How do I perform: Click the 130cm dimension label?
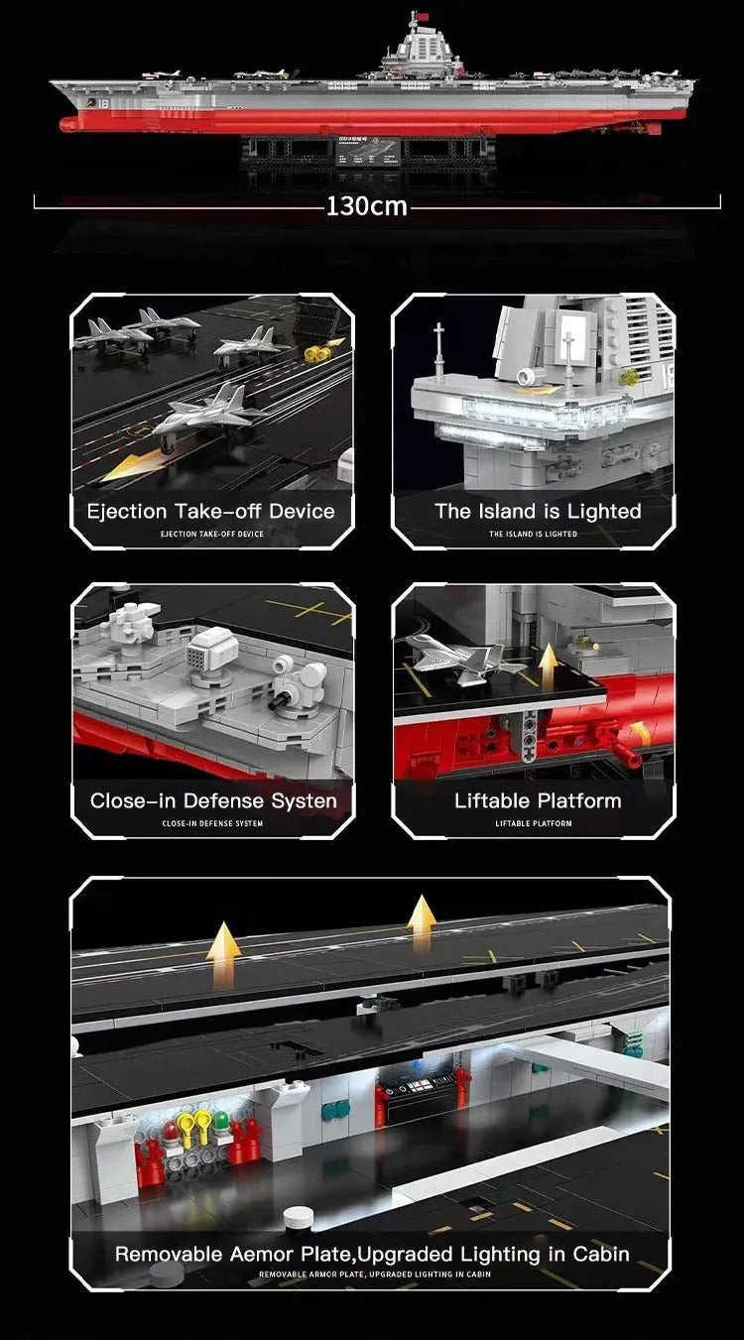[x=366, y=206]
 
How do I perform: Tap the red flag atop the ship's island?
[x=424, y=16]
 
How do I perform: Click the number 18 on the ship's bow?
[x=103, y=104]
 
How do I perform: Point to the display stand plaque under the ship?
[x=368, y=150]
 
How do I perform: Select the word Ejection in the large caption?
[x=127, y=512]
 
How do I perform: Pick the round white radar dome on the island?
[x=528, y=377]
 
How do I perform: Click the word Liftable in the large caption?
[x=491, y=800]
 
